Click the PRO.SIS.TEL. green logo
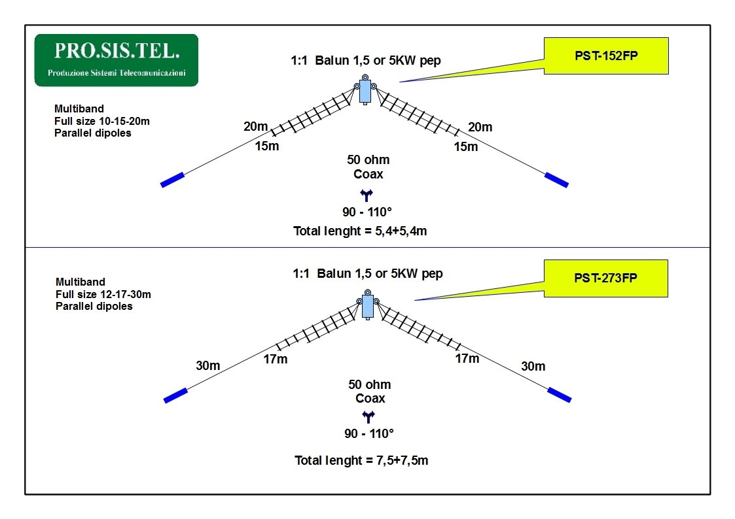(x=116, y=59)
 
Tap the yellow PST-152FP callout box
(x=605, y=56)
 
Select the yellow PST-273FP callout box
(x=605, y=278)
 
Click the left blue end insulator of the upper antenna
(x=172, y=179)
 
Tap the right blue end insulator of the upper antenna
(x=557, y=179)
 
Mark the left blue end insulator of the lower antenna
(x=175, y=395)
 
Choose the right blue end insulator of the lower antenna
(x=559, y=394)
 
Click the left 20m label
(x=256, y=127)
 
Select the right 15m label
(x=466, y=146)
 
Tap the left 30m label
(x=208, y=365)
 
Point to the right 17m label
(x=467, y=358)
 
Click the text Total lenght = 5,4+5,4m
(x=360, y=231)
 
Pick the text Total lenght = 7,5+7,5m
(x=361, y=460)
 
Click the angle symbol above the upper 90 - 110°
(x=366, y=194)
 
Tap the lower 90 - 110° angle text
(x=369, y=433)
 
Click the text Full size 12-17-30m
(x=103, y=294)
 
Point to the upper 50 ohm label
(x=368, y=160)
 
